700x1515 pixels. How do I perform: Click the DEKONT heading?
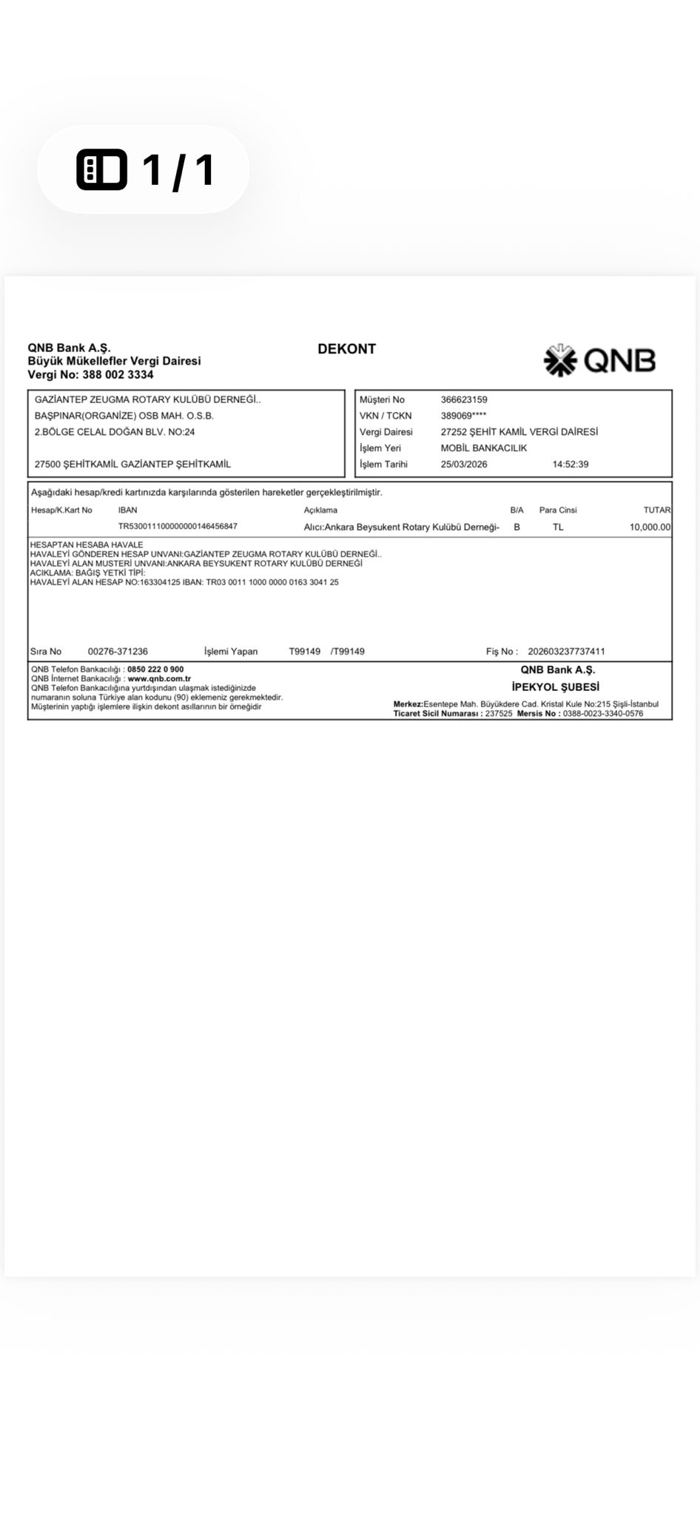click(x=346, y=348)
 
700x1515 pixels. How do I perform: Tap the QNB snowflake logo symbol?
click(x=560, y=360)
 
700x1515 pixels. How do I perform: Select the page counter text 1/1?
click(x=178, y=169)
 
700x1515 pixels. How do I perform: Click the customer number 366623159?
click(x=464, y=399)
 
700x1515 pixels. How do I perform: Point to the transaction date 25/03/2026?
click(x=464, y=465)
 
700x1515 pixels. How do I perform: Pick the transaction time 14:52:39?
click(x=571, y=465)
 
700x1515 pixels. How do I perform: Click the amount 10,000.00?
click(x=650, y=527)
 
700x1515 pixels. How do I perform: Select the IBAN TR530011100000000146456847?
click(x=178, y=527)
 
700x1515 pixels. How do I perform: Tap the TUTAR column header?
click(x=657, y=510)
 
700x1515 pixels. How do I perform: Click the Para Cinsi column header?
click(x=558, y=510)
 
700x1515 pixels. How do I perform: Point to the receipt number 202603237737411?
click(x=566, y=652)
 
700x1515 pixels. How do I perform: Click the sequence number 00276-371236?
click(x=118, y=652)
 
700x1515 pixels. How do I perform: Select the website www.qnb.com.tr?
click(x=159, y=678)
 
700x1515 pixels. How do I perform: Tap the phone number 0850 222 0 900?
click(x=155, y=669)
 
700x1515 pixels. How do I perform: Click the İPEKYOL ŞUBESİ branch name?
click(x=555, y=686)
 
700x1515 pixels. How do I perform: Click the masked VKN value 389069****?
click(x=463, y=416)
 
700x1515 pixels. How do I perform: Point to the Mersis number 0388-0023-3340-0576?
click(x=602, y=714)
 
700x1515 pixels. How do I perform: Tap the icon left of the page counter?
click(x=101, y=169)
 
